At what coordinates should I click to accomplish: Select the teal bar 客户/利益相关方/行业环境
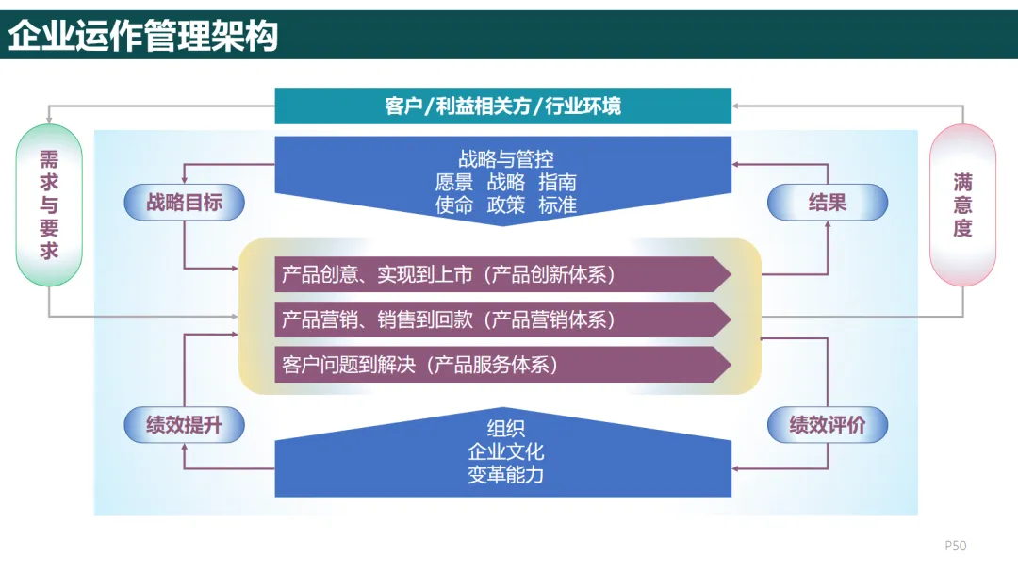[x=502, y=106]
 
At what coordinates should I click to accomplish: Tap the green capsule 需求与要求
[x=49, y=205]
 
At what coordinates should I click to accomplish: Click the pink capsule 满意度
[x=962, y=205]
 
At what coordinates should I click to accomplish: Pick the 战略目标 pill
[x=184, y=203]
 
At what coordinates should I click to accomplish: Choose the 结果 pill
[x=827, y=203]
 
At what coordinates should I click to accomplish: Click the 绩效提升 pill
[x=184, y=425]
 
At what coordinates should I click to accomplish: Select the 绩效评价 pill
[x=827, y=425]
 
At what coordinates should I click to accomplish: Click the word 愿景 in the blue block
[x=453, y=182]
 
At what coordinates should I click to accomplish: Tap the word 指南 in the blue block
[x=557, y=182]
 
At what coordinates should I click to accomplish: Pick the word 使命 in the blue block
[x=453, y=205]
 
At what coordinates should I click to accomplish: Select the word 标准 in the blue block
[x=557, y=205]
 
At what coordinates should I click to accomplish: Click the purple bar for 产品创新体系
[x=502, y=274]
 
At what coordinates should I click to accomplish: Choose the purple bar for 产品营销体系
[x=502, y=319]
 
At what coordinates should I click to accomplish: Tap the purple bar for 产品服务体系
[x=502, y=365]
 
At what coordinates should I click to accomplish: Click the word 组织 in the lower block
[x=505, y=430]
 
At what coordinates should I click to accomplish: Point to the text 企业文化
[x=505, y=452]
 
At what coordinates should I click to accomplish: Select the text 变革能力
[x=505, y=475]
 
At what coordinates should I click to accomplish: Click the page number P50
[x=956, y=546]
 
